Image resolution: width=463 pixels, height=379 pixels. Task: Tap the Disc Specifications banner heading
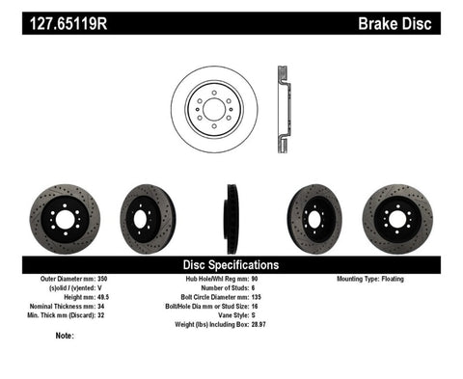(x=231, y=263)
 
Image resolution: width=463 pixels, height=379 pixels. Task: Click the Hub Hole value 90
(x=282, y=278)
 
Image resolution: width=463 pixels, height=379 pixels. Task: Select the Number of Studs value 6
(x=279, y=286)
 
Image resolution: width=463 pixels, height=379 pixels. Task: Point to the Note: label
(x=65, y=336)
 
